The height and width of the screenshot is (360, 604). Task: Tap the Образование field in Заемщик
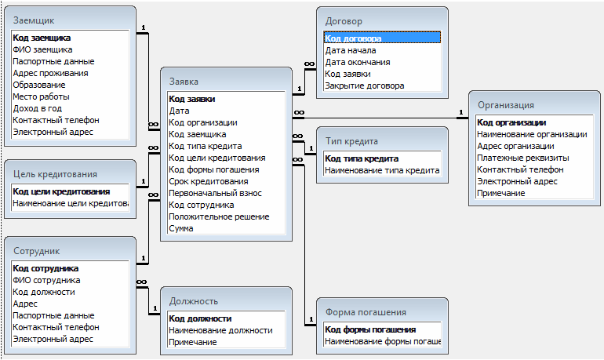(38, 85)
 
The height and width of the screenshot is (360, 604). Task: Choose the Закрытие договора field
(365, 85)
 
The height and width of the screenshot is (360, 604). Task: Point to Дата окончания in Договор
(358, 62)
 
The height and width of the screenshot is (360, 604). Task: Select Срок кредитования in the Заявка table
(208, 181)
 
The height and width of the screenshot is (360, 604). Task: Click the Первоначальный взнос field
(215, 193)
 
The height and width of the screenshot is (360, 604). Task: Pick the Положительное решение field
(219, 216)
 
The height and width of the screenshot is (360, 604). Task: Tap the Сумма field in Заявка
(181, 228)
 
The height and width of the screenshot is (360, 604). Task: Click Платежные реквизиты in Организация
(523, 158)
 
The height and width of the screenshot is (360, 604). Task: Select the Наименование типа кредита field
(381, 170)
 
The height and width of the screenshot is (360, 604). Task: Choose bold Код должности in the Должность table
(200, 318)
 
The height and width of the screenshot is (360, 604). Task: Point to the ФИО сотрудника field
(46, 280)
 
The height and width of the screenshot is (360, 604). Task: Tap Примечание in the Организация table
(501, 193)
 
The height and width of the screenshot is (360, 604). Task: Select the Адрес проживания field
(50, 73)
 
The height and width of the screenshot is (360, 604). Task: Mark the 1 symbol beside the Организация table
(460, 112)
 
